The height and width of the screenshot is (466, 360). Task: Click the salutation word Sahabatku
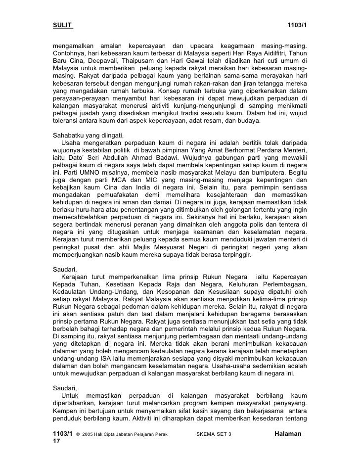(70, 135)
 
